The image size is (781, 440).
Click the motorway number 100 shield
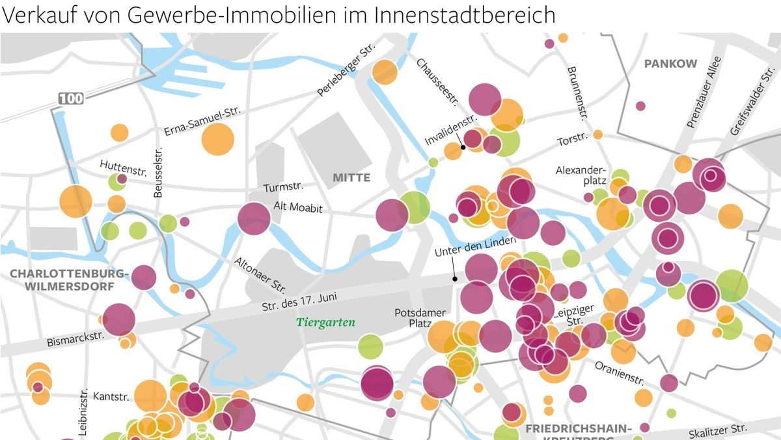71,98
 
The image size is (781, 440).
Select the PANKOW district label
670,64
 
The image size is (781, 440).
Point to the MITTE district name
351,177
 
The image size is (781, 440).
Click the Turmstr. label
284,188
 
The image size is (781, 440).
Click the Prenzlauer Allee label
704,92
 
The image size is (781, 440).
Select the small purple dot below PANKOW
640,106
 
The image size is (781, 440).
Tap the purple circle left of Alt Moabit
254,218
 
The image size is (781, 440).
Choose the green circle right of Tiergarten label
370,346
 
